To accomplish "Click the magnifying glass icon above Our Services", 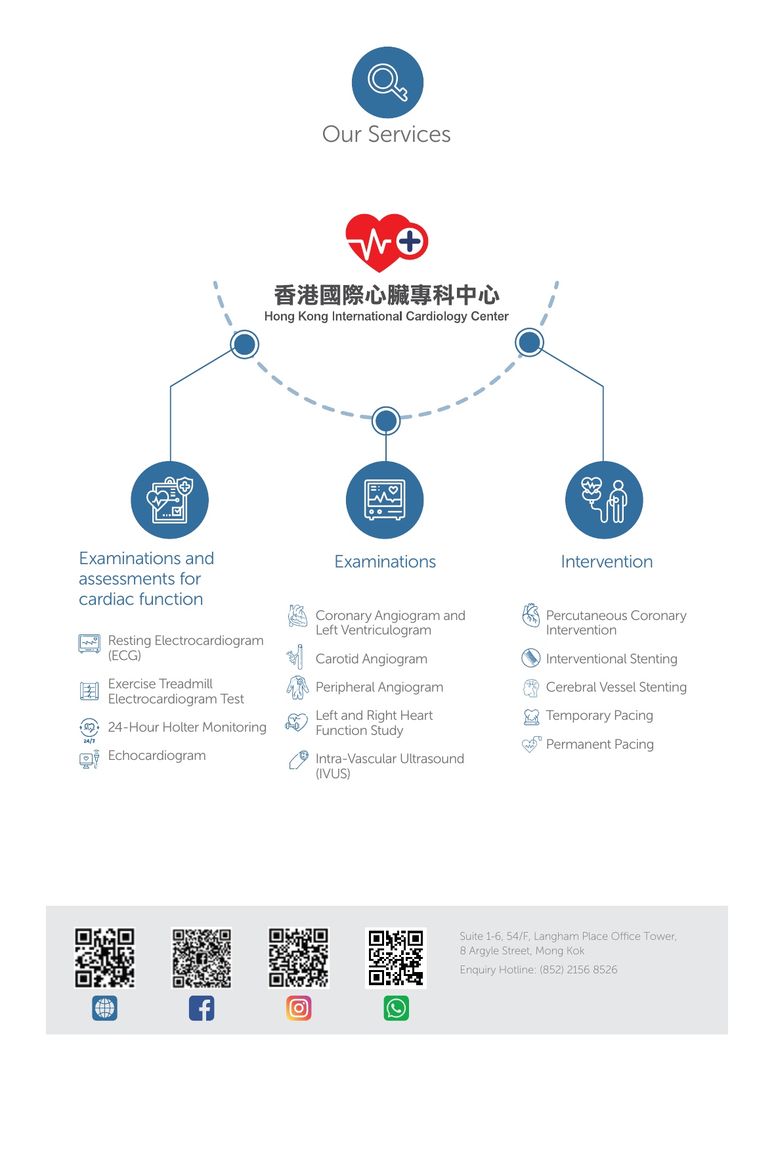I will coord(387,83).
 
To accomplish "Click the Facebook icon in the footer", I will coord(202,1008).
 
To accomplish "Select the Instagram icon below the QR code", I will coord(299,1008).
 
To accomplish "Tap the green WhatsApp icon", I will coord(396,1008).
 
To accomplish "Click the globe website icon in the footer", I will coord(105,1008).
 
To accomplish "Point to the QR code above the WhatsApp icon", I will coord(396,958).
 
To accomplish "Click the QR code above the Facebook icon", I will coord(202,958).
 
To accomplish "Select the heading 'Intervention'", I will coord(607,562).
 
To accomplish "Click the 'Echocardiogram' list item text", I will coord(157,756).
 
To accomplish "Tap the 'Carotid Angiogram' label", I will coord(371,659).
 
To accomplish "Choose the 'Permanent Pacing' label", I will coord(599,744).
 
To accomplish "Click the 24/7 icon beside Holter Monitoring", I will coord(89,729).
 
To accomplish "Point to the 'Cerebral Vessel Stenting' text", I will coord(616,687).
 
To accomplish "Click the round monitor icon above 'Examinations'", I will coord(385,500).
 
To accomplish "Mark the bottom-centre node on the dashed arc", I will coord(386,421).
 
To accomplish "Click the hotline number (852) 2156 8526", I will coord(578,969).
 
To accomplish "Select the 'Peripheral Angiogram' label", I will coord(379,687).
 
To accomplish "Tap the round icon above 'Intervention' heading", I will coord(604,500).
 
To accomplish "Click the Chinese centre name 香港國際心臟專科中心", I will coord(386,295).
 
